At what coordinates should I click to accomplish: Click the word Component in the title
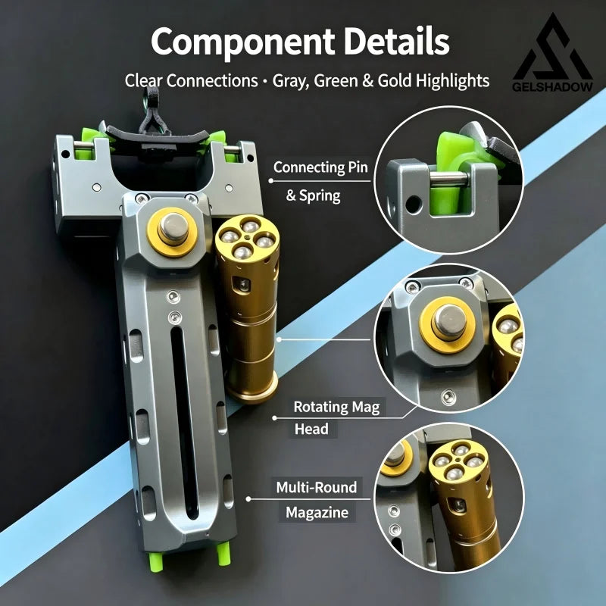click(242, 42)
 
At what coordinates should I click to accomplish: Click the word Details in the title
click(396, 41)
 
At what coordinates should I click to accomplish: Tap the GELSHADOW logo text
click(552, 86)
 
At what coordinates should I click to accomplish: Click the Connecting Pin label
click(320, 167)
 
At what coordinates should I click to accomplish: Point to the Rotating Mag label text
click(336, 407)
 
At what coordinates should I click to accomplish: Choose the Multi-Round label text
click(316, 487)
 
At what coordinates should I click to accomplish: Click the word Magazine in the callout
click(317, 513)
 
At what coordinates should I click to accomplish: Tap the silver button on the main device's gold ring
click(173, 228)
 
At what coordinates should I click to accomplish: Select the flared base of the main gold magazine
click(251, 388)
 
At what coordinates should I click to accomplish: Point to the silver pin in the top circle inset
click(448, 179)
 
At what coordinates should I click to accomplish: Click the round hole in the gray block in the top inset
click(413, 205)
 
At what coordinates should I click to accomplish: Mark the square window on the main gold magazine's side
click(242, 286)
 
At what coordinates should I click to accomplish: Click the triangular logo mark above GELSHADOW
click(552, 48)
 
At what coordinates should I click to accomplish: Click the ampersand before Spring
click(291, 195)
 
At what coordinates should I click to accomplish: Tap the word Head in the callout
click(311, 429)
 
